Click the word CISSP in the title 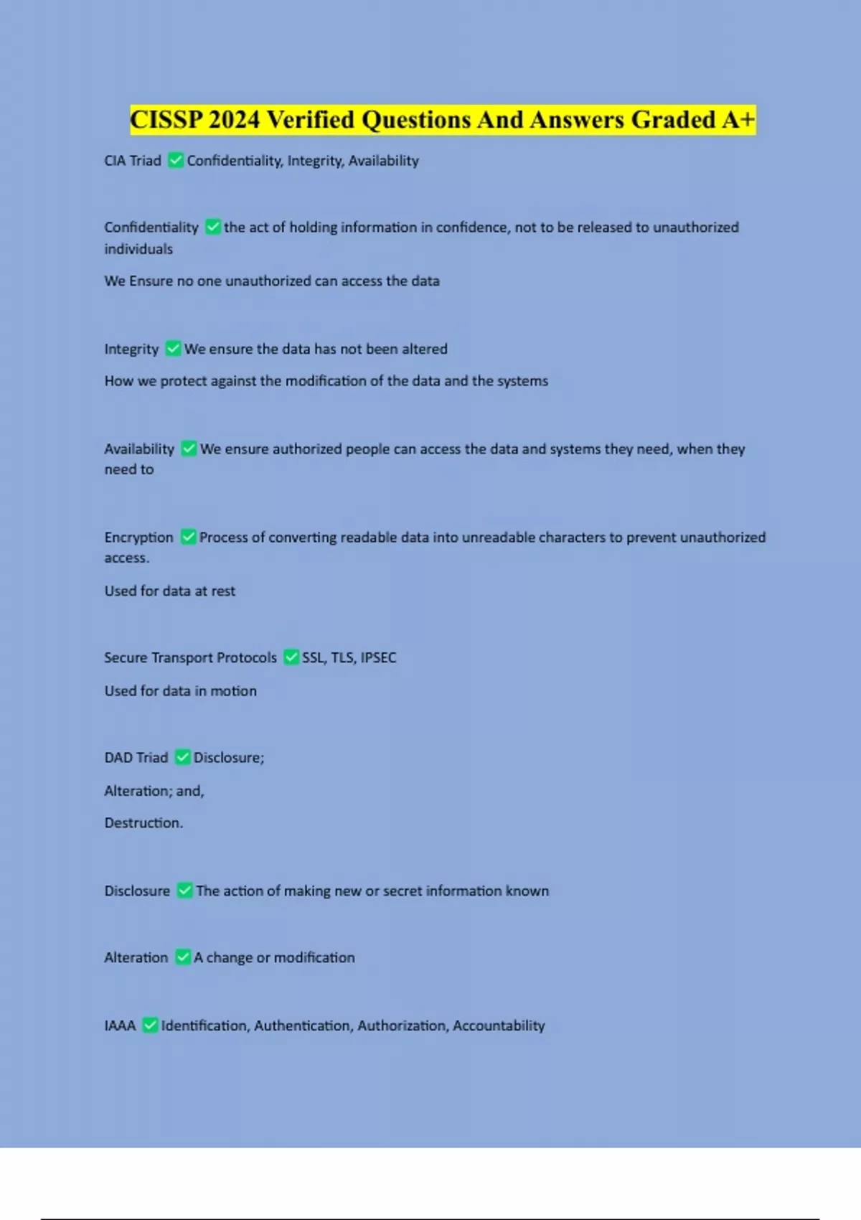[166, 120]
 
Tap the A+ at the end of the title [738, 120]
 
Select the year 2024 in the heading [234, 120]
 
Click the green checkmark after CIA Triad [175, 160]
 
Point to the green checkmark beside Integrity [173, 349]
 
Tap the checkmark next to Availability [189, 449]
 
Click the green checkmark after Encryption [188, 537]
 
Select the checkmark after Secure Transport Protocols [291, 657]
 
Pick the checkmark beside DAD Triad [183, 757]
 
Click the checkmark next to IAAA [150, 1026]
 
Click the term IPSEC [378, 657]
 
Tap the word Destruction [143, 823]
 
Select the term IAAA [120, 1026]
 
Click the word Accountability [499, 1026]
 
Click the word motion [233, 691]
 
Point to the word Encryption [138, 537]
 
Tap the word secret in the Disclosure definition [403, 891]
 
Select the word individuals [138, 249]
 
